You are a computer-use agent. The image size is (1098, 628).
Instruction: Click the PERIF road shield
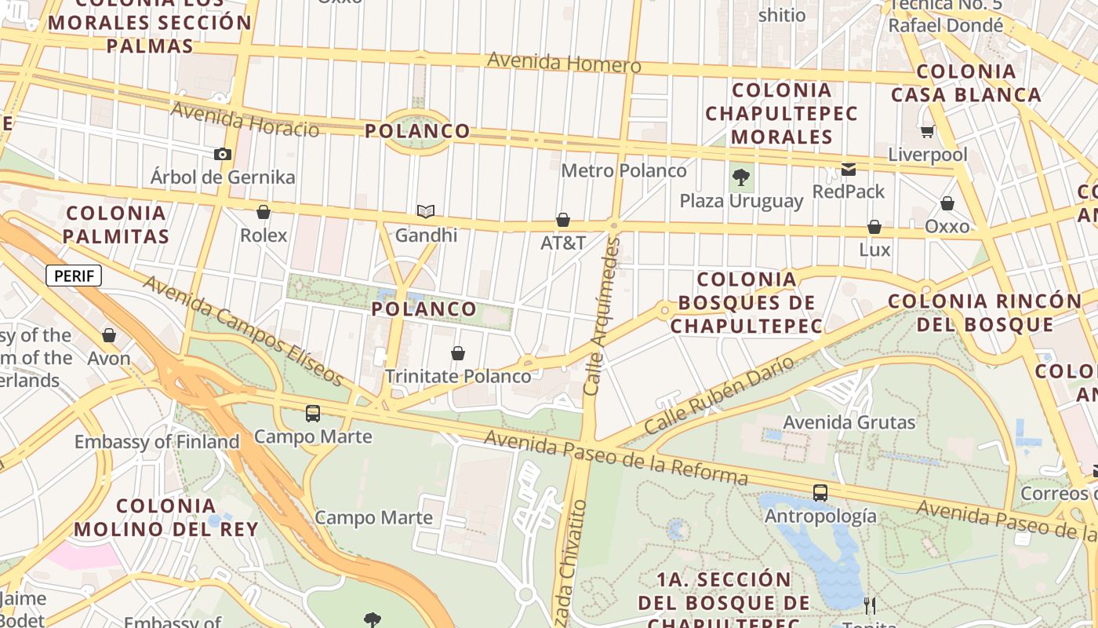click(74, 276)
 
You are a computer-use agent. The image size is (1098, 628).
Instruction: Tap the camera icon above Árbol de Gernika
click(223, 154)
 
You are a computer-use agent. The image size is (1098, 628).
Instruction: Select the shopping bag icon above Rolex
click(264, 212)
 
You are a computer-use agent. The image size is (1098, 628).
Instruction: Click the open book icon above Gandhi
click(426, 211)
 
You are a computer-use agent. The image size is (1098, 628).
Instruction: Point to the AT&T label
click(563, 243)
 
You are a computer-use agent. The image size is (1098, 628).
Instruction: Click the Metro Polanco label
click(624, 170)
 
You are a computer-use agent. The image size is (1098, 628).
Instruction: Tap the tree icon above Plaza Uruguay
click(740, 177)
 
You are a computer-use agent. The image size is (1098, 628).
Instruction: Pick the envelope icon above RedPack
click(849, 169)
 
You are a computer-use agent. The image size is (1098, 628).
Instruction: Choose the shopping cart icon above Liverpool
click(928, 131)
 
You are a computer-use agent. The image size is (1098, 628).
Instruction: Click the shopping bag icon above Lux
click(874, 227)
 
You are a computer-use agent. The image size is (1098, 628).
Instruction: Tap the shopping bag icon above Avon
click(109, 335)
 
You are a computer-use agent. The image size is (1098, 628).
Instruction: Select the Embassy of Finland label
click(157, 442)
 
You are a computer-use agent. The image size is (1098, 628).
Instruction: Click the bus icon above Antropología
click(820, 493)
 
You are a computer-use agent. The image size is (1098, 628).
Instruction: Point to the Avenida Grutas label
click(849, 422)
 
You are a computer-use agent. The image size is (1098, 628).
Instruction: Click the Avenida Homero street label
click(564, 62)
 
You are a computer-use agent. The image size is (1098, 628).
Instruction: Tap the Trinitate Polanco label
click(458, 376)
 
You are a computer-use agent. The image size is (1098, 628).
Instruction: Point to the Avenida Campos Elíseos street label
click(244, 330)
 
